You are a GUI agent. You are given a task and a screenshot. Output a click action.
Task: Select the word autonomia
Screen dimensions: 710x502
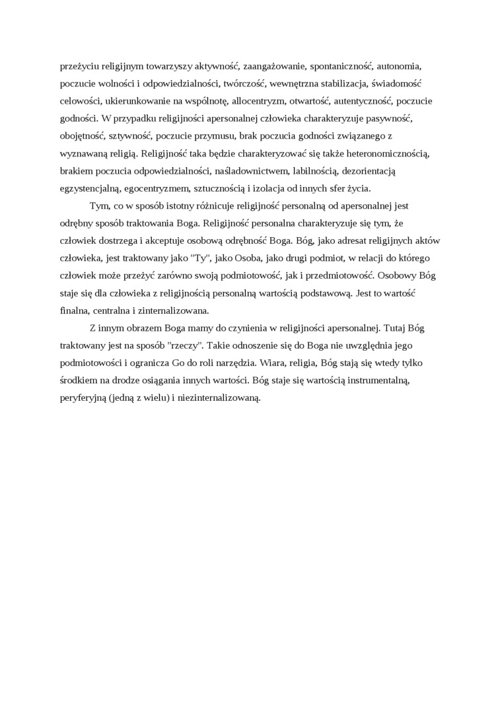[399, 67]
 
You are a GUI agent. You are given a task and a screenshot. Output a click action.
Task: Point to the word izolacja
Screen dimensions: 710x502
[272, 187]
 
